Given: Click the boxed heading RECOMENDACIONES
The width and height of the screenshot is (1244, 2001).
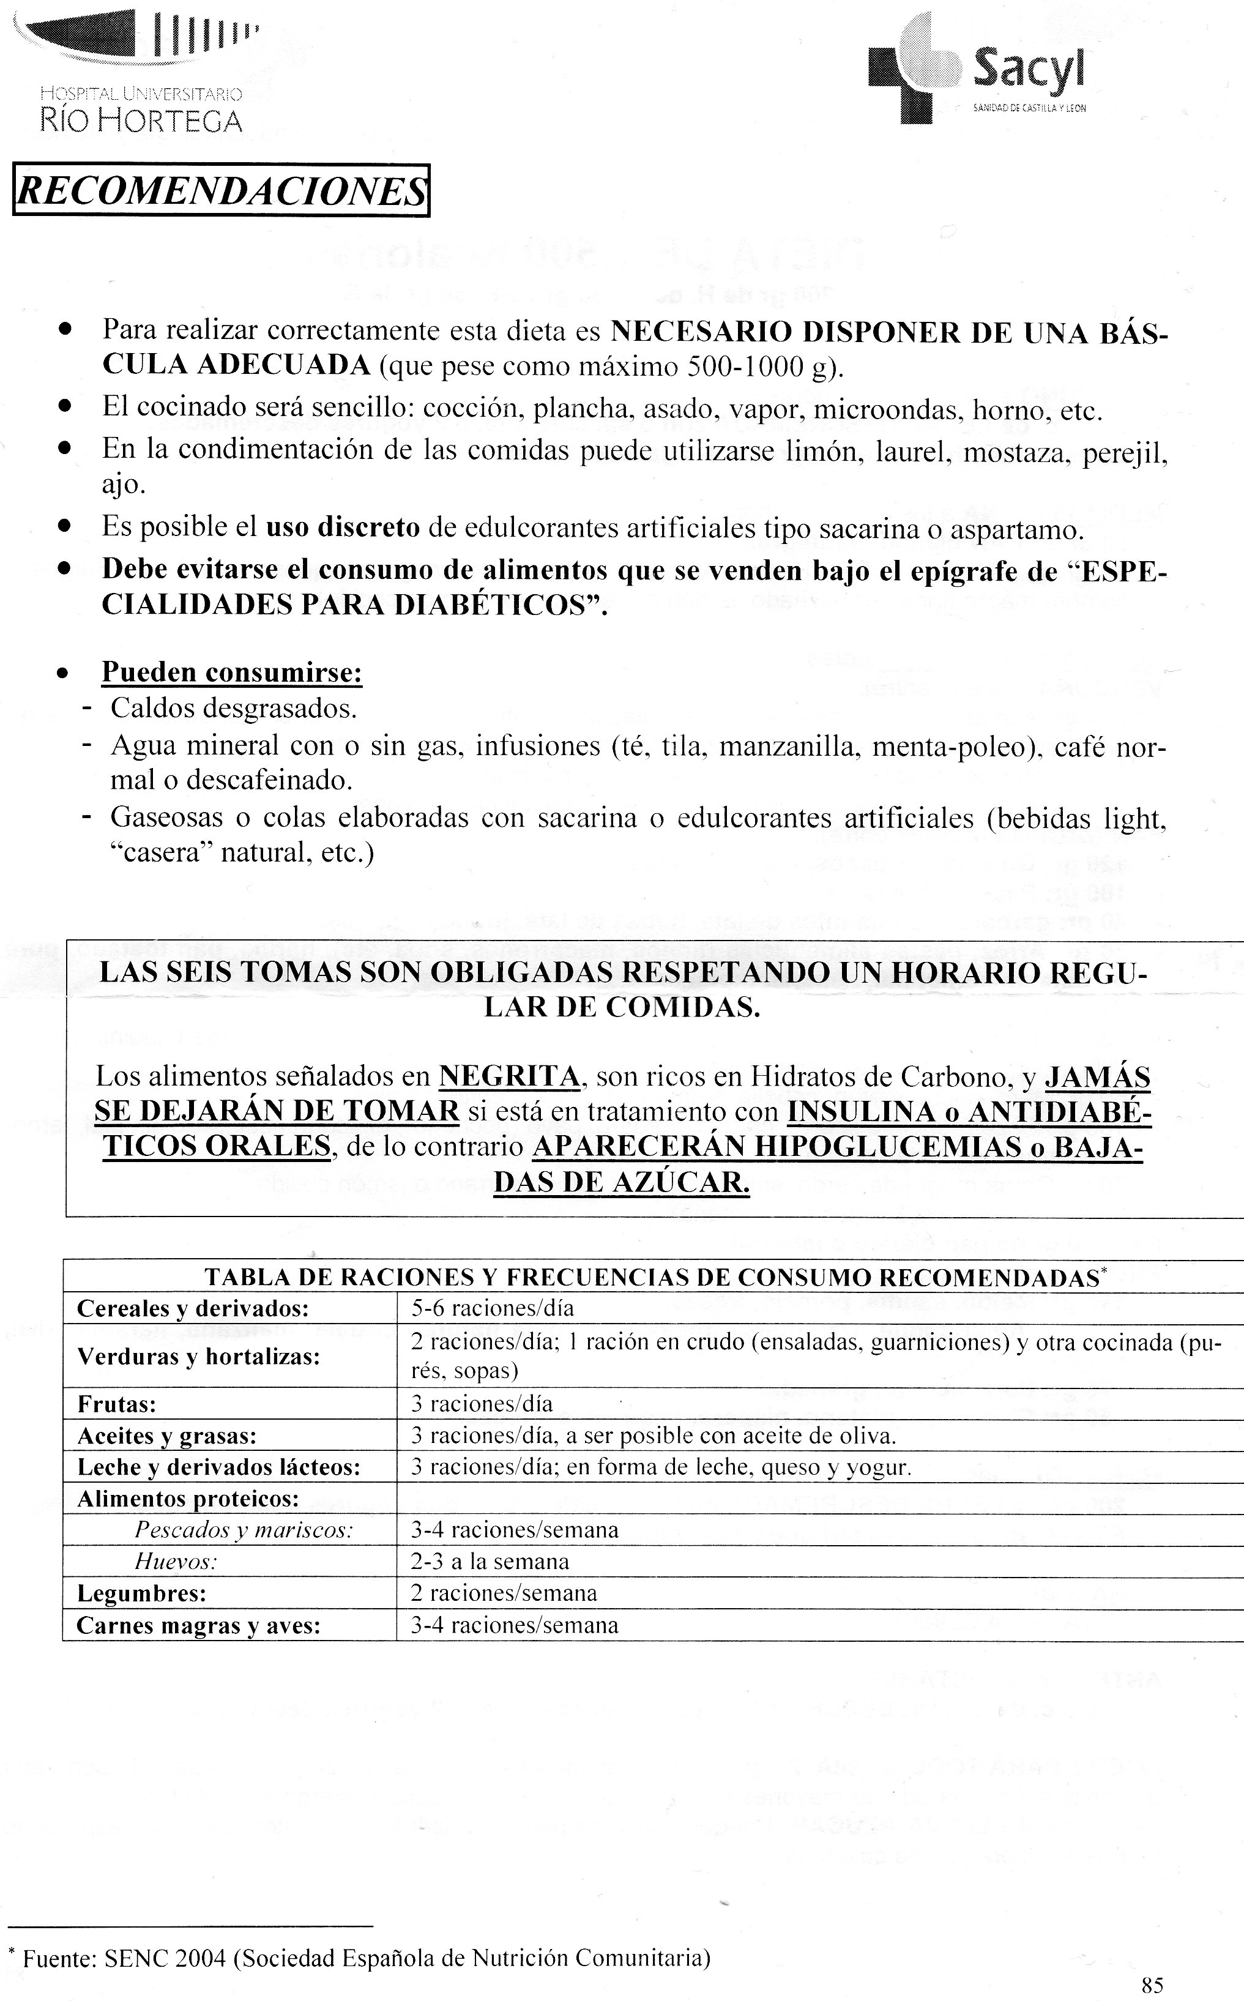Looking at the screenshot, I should pos(220,191).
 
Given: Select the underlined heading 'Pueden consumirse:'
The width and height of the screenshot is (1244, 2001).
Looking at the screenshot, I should pos(232,673).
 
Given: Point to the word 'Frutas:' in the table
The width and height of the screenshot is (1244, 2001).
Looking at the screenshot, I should pos(117,1404).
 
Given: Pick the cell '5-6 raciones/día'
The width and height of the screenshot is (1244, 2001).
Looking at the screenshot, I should pos(492,1308).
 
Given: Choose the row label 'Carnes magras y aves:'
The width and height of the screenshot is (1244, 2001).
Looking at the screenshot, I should pos(198,1625).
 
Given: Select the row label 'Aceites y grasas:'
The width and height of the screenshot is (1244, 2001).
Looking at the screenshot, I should pos(167,1436).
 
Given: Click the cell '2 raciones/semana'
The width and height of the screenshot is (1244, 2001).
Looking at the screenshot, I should pos(504,1593).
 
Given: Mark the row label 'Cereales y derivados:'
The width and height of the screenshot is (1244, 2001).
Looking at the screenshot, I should pos(193,1308).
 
